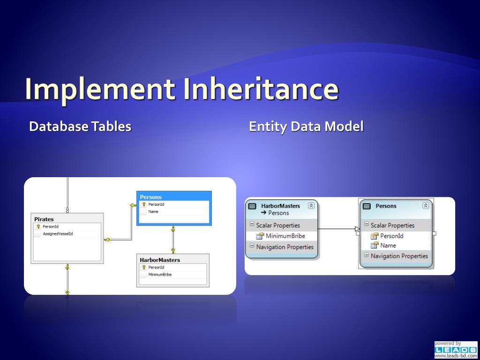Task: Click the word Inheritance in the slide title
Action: pos(259,89)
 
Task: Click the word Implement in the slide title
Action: pos(100,89)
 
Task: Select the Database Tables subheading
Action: pos(80,127)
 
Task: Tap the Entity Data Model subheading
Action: pos(306,127)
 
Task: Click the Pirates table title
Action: pos(44,219)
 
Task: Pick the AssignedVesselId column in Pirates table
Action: pos(58,233)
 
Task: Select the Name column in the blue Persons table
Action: pos(153,211)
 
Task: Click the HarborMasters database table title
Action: pos(160,260)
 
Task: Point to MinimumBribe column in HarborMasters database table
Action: pos(160,274)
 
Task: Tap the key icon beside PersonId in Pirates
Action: pos(38,226)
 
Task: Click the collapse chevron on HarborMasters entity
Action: pos(311,206)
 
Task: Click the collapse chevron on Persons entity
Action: pos(426,206)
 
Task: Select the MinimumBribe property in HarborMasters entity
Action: pos(285,236)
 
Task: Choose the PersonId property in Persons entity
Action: pos(391,236)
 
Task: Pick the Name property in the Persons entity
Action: pos(388,245)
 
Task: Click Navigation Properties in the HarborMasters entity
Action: pos(285,247)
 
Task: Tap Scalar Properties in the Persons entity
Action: pos(392,225)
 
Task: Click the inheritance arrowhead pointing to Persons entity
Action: pos(357,229)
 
